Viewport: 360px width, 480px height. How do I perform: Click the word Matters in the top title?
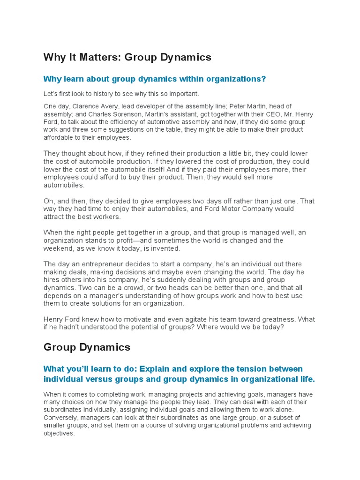[x=92, y=57]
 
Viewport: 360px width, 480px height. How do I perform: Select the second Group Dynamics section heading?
[x=87, y=347]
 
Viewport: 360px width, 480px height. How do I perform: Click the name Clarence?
[x=86, y=106]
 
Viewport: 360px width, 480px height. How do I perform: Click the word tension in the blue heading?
[x=259, y=369]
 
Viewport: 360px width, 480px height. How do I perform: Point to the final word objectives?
[x=59, y=434]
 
